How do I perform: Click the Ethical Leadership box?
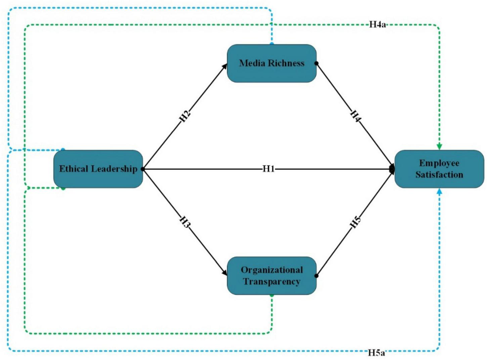(x=98, y=169)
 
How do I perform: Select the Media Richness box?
(x=272, y=63)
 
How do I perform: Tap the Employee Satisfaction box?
(x=439, y=169)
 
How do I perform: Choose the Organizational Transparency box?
(x=272, y=276)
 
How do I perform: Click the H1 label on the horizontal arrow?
(x=268, y=169)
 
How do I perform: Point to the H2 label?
(x=185, y=116)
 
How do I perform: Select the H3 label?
(x=185, y=222)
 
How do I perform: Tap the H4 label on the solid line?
(x=356, y=116)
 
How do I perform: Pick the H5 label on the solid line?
(x=356, y=222)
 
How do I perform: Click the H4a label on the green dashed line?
(x=377, y=25)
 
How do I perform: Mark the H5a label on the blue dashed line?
(x=377, y=352)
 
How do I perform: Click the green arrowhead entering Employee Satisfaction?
(x=439, y=147)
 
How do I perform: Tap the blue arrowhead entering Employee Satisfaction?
(x=439, y=191)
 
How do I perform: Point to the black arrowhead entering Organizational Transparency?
(x=224, y=273)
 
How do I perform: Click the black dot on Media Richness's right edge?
(x=316, y=63)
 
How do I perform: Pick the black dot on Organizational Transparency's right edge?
(x=316, y=276)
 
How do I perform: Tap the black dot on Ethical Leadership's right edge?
(x=143, y=169)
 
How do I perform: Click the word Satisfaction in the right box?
(x=439, y=175)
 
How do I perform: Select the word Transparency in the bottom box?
(x=272, y=282)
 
